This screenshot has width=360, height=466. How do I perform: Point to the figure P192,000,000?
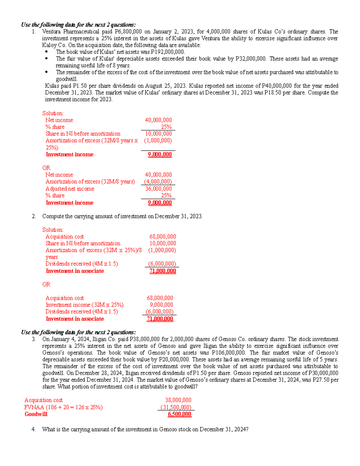[168, 52]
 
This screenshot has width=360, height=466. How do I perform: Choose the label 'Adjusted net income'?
[70, 189]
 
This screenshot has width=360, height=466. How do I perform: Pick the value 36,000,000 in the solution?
[158, 189]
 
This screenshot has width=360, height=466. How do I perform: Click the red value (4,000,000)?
[158, 182]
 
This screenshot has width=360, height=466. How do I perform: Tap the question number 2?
[34, 216]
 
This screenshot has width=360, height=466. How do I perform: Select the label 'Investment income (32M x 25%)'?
[84, 305]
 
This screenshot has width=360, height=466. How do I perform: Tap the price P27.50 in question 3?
[322, 380]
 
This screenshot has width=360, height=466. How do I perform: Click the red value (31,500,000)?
[176, 407]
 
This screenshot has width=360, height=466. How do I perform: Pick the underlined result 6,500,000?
[179, 414]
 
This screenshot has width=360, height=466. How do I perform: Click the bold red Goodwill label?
[36, 414]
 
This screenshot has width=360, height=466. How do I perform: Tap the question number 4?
[34, 429]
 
